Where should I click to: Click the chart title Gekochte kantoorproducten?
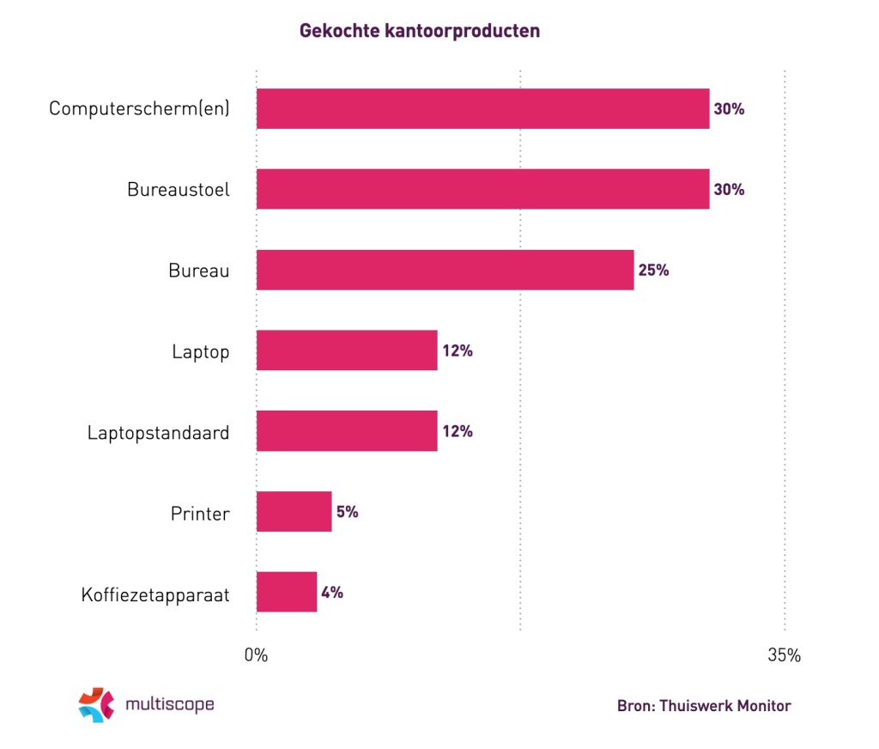click(419, 31)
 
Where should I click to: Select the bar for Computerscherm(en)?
click(482, 109)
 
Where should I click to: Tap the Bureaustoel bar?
click(482, 189)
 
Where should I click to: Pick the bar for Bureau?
click(445, 270)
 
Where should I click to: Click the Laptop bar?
click(347, 350)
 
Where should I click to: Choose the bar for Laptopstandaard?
click(347, 431)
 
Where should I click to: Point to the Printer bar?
click(294, 512)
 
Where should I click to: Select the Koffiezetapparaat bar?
click(287, 592)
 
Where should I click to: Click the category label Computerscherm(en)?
click(139, 109)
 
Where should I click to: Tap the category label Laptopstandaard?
click(158, 432)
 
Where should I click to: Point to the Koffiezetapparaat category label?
click(155, 594)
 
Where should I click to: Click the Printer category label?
click(199, 514)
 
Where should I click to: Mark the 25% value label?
click(653, 270)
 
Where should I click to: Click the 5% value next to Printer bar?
click(347, 512)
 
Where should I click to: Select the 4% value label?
click(332, 592)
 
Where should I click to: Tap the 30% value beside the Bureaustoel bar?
click(729, 189)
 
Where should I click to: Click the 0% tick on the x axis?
click(256, 655)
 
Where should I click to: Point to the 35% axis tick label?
click(784, 655)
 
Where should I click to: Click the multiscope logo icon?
click(96, 704)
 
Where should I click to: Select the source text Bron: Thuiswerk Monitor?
click(703, 706)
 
